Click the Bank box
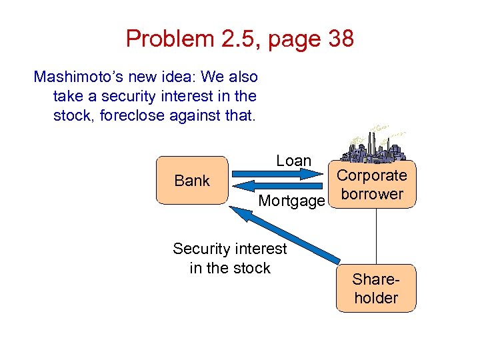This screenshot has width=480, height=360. [192, 180]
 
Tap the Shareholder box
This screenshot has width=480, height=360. [375, 288]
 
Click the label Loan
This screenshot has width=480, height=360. [294, 161]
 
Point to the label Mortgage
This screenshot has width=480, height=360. [291, 201]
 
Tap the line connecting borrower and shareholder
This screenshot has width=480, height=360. [377, 237]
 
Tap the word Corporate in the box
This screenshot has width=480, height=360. [371, 175]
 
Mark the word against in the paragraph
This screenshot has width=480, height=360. [193, 115]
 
